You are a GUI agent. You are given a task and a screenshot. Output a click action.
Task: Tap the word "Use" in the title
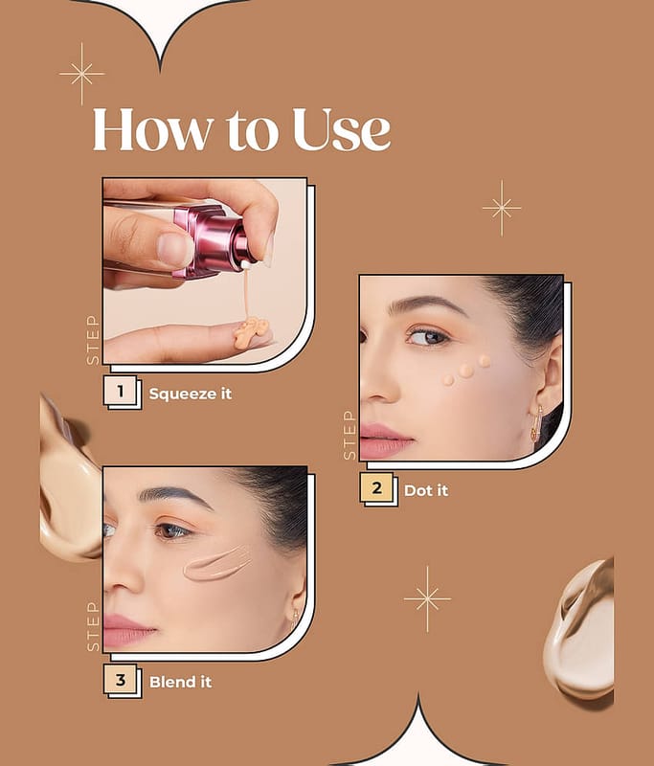[342, 129]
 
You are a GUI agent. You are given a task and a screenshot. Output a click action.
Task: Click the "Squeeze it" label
[191, 394]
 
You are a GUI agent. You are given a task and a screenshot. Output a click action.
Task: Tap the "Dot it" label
[426, 490]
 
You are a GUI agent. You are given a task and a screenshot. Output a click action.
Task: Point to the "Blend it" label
[181, 682]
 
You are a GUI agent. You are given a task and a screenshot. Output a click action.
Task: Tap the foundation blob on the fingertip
[251, 332]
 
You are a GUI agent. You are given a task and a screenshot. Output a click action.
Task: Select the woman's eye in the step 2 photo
[428, 337]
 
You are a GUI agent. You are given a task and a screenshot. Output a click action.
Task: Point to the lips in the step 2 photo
[386, 440]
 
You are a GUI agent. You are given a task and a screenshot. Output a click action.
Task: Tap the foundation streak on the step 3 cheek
[217, 564]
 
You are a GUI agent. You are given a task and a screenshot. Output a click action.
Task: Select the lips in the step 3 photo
[128, 630]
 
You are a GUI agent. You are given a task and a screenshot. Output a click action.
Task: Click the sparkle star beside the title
[82, 75]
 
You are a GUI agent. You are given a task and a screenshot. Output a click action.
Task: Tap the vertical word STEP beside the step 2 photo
[350, 436]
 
